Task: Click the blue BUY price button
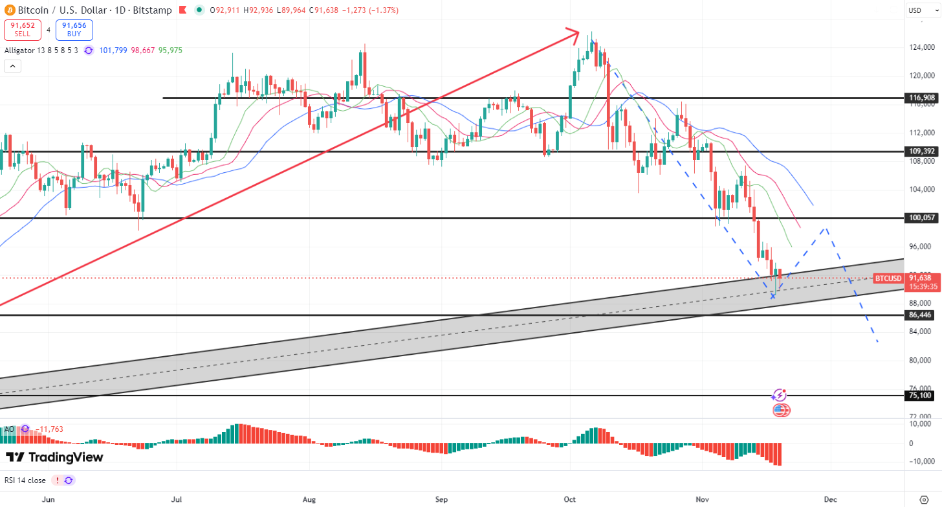click(x=74, y=30)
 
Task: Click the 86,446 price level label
click(x=921, y=315)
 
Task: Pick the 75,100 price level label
click(x=921, y=396)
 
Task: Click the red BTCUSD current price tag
click(x=888, y=278)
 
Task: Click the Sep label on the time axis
click(x=441, y=499)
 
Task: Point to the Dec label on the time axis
click(x=831, y=499)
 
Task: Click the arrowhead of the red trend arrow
click(x=573, y=34)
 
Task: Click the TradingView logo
click(x=54, y=457)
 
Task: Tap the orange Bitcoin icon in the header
click(x=9, y=10)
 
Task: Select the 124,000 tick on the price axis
click(x=921, y=47)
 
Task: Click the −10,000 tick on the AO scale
click(x=921, y=461)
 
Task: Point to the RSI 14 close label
click(x=25, y=480)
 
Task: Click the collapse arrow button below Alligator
click(x=12, y=65)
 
